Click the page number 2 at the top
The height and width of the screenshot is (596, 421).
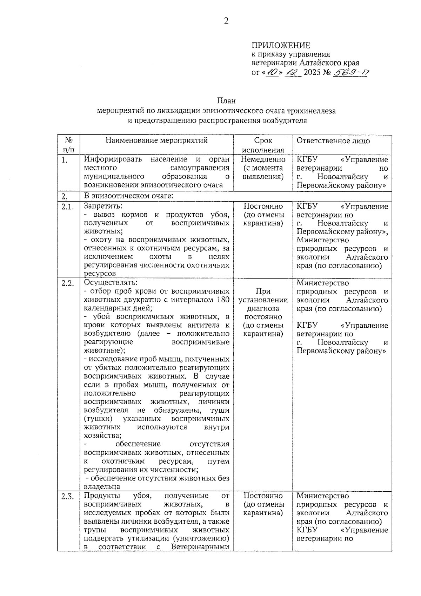[226, 21]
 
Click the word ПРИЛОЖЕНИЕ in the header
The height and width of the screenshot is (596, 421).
[281, 45]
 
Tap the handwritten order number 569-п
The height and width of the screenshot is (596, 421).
[350, 73]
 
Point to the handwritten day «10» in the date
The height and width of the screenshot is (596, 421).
[271, 73]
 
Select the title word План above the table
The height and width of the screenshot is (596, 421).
[226, 101]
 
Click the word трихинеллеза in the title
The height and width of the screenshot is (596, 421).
[312, 111]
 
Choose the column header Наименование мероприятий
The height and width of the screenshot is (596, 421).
[156, 140]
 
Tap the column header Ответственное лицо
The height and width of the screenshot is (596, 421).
[333, 141]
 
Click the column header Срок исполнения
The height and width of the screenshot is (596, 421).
[263, 145]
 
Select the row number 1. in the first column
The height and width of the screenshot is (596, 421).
[64, 160]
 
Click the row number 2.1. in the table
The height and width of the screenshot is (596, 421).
[67, 207]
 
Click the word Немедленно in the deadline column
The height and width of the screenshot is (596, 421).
[263, 159]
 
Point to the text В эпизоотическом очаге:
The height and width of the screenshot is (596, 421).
[128, 196]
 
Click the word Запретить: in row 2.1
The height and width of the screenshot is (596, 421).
[103, 206]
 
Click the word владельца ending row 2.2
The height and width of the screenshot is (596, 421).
[102, 487]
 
